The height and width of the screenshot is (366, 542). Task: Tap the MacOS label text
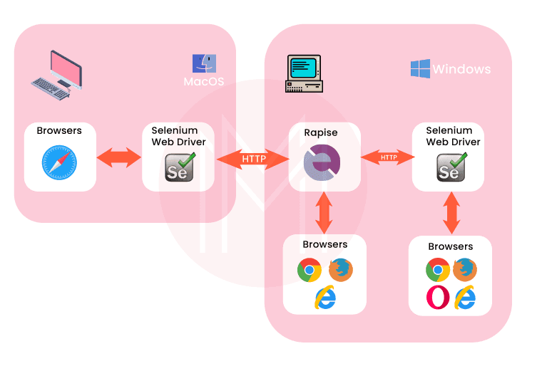[x=204, y=81]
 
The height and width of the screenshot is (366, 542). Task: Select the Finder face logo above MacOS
[x=204, y=62]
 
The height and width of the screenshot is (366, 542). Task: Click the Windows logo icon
[x=420, y=68]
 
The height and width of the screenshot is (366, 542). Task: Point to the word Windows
[x=461, y=69]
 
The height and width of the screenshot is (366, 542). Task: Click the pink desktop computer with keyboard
[x=56, y=75]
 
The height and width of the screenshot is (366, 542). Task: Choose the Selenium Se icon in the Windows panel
[x=451, y=167]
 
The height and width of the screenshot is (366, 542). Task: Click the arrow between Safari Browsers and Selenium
[x=119, y=158]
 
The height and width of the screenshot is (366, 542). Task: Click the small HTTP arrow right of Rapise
[x=388, y=157]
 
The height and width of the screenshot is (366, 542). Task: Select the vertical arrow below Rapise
[x=324, y=211]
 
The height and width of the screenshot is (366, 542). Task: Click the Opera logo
[x=437, y=297]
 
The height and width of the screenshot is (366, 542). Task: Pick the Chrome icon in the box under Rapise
[x=310, y=271]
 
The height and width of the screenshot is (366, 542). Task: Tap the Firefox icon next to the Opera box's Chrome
[x=465, y=271]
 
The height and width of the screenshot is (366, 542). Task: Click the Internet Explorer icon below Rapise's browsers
[x=325, y=298]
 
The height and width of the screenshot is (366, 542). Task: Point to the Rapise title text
[x=321, y=132]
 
